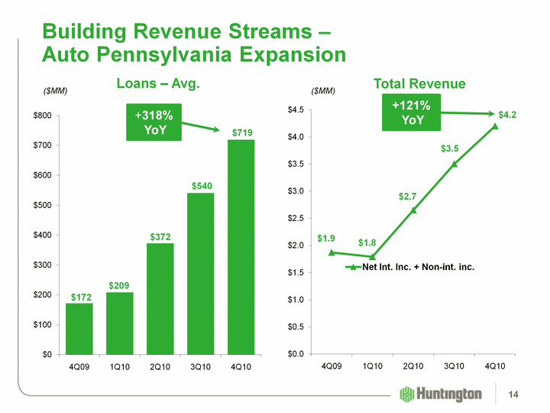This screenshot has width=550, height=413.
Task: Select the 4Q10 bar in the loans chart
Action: pos(241,246)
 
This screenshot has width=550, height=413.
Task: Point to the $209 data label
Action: pos(120,285)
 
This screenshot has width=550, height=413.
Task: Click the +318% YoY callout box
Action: pos(154,122)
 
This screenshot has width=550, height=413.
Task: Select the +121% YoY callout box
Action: pos(412,112)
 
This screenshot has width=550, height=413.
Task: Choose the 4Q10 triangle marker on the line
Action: pos(495,126)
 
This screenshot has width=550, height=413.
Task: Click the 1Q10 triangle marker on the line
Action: pos(372,257)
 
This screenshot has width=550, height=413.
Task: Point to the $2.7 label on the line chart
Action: pos(409,197)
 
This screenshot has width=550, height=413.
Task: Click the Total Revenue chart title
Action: pos(419,83)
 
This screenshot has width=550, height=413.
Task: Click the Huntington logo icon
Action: pos(408,394)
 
